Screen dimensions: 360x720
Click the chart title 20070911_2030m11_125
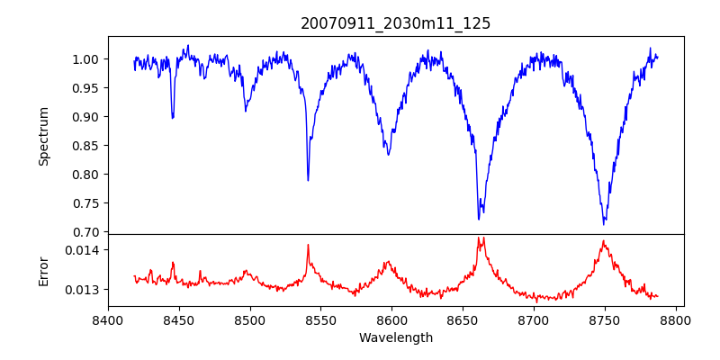(395, 23)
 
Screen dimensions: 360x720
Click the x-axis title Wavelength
(395, 337)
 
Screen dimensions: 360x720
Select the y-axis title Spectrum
(43, 135)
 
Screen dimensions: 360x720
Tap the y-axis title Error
(43, 270)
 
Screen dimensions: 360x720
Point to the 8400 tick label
(108, 319)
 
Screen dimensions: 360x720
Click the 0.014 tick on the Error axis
(85, 249)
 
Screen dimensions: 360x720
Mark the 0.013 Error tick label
(85, 290)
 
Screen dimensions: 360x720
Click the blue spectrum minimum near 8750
(604, 223)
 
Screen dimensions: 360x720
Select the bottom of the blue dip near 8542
(308, 181)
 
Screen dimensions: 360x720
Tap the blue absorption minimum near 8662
(479, 219)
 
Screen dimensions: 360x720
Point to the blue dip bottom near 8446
(173, 118)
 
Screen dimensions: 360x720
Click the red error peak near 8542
(308, 244)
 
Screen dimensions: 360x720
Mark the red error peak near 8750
(604, 241)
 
